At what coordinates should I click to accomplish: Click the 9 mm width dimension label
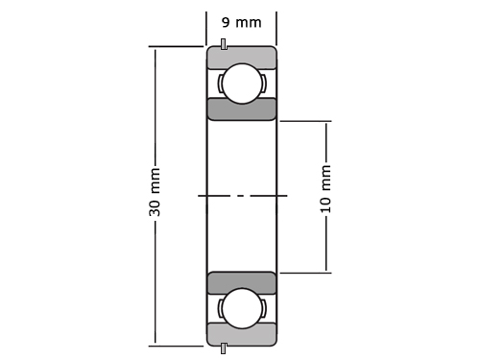coord(242,22)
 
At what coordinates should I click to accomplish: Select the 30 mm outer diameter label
coord(155,192)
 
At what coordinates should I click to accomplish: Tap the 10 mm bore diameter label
coord(325,189)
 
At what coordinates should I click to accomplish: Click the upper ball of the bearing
coord(242,84)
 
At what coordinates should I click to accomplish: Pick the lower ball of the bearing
coord(242,308)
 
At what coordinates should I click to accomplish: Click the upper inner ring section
coord(242,109)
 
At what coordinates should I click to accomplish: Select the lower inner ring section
coord(242,283)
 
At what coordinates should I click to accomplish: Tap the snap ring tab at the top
coord(224,44)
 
